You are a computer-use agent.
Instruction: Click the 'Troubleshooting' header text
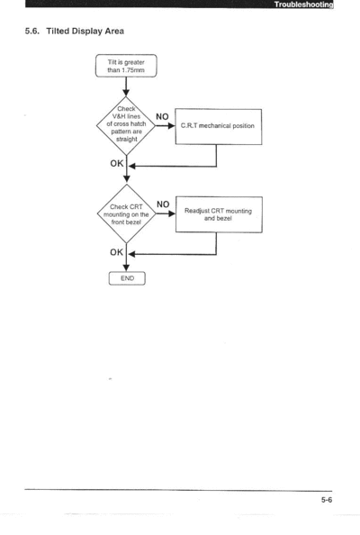tap(304, 5)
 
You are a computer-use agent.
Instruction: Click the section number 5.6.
tap(32, 31)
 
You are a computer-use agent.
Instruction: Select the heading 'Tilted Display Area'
tap(85, 31)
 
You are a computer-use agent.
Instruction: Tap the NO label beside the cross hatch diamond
tap(162, 117)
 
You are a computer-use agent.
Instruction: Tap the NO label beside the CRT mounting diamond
tap(163, 204)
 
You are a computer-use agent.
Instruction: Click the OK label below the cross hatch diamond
tap(117, 163)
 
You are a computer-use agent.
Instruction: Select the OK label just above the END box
tap(117, 252)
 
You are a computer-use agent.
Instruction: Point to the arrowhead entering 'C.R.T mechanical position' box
tap(172, 125)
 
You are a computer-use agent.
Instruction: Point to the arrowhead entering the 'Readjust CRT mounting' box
tap(172, 213)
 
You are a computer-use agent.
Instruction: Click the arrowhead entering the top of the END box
tap(126, 267)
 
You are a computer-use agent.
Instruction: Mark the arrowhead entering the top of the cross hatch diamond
tap(126, 93)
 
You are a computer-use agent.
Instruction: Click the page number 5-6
tap(327, 500)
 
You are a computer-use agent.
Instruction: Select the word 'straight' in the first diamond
tap(127, 140)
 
